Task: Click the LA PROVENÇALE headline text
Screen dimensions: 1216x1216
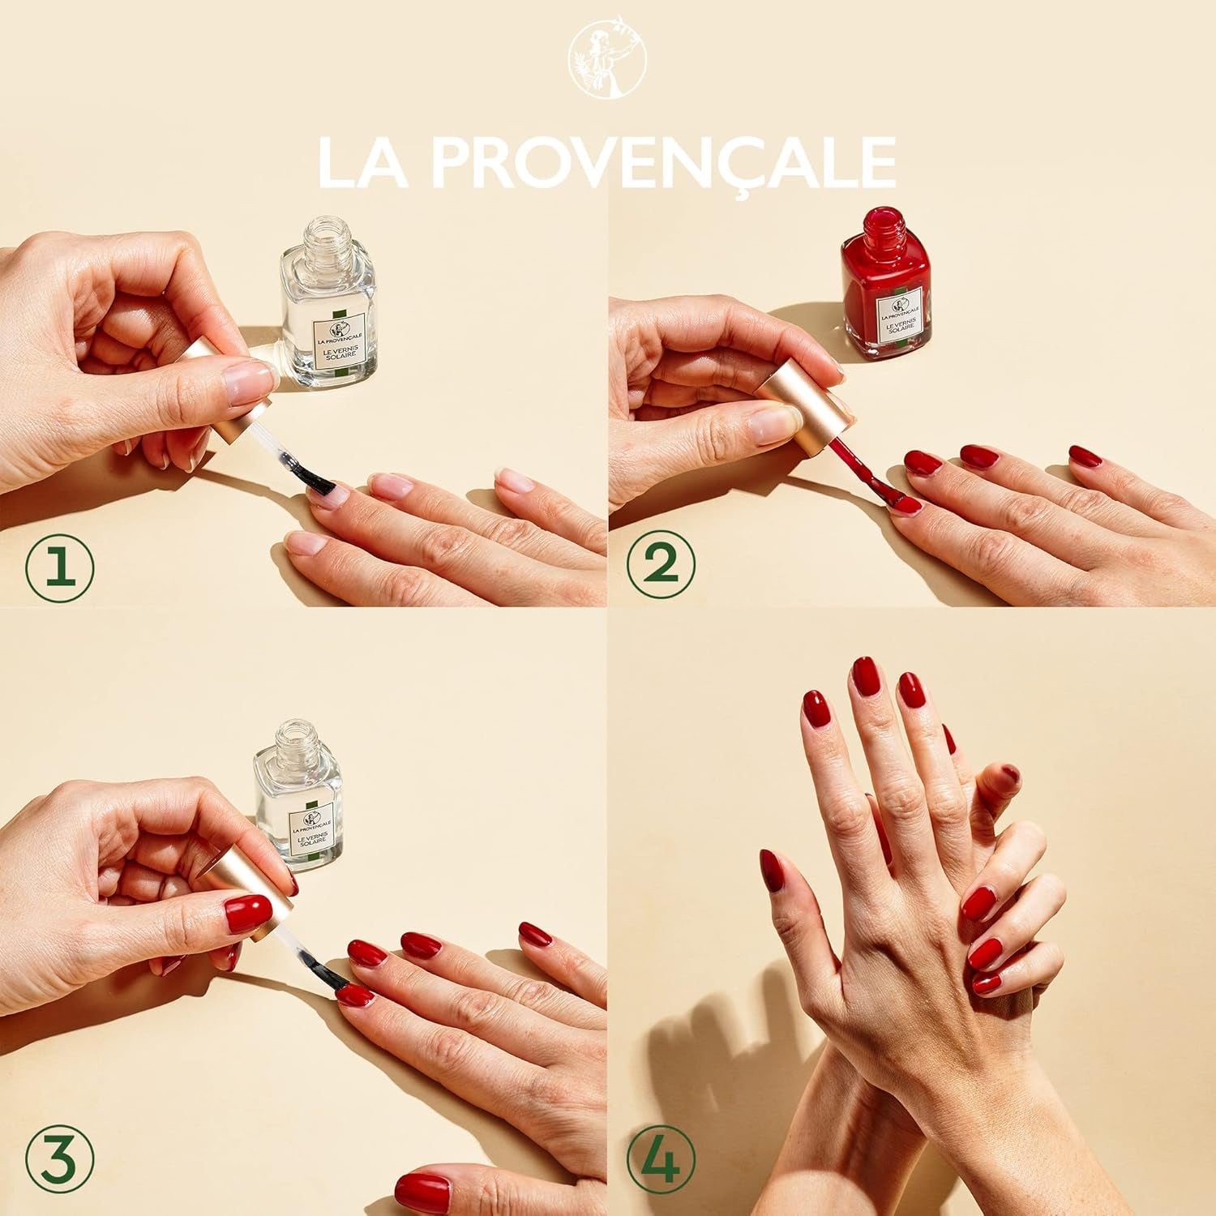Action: coord(607,164)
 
